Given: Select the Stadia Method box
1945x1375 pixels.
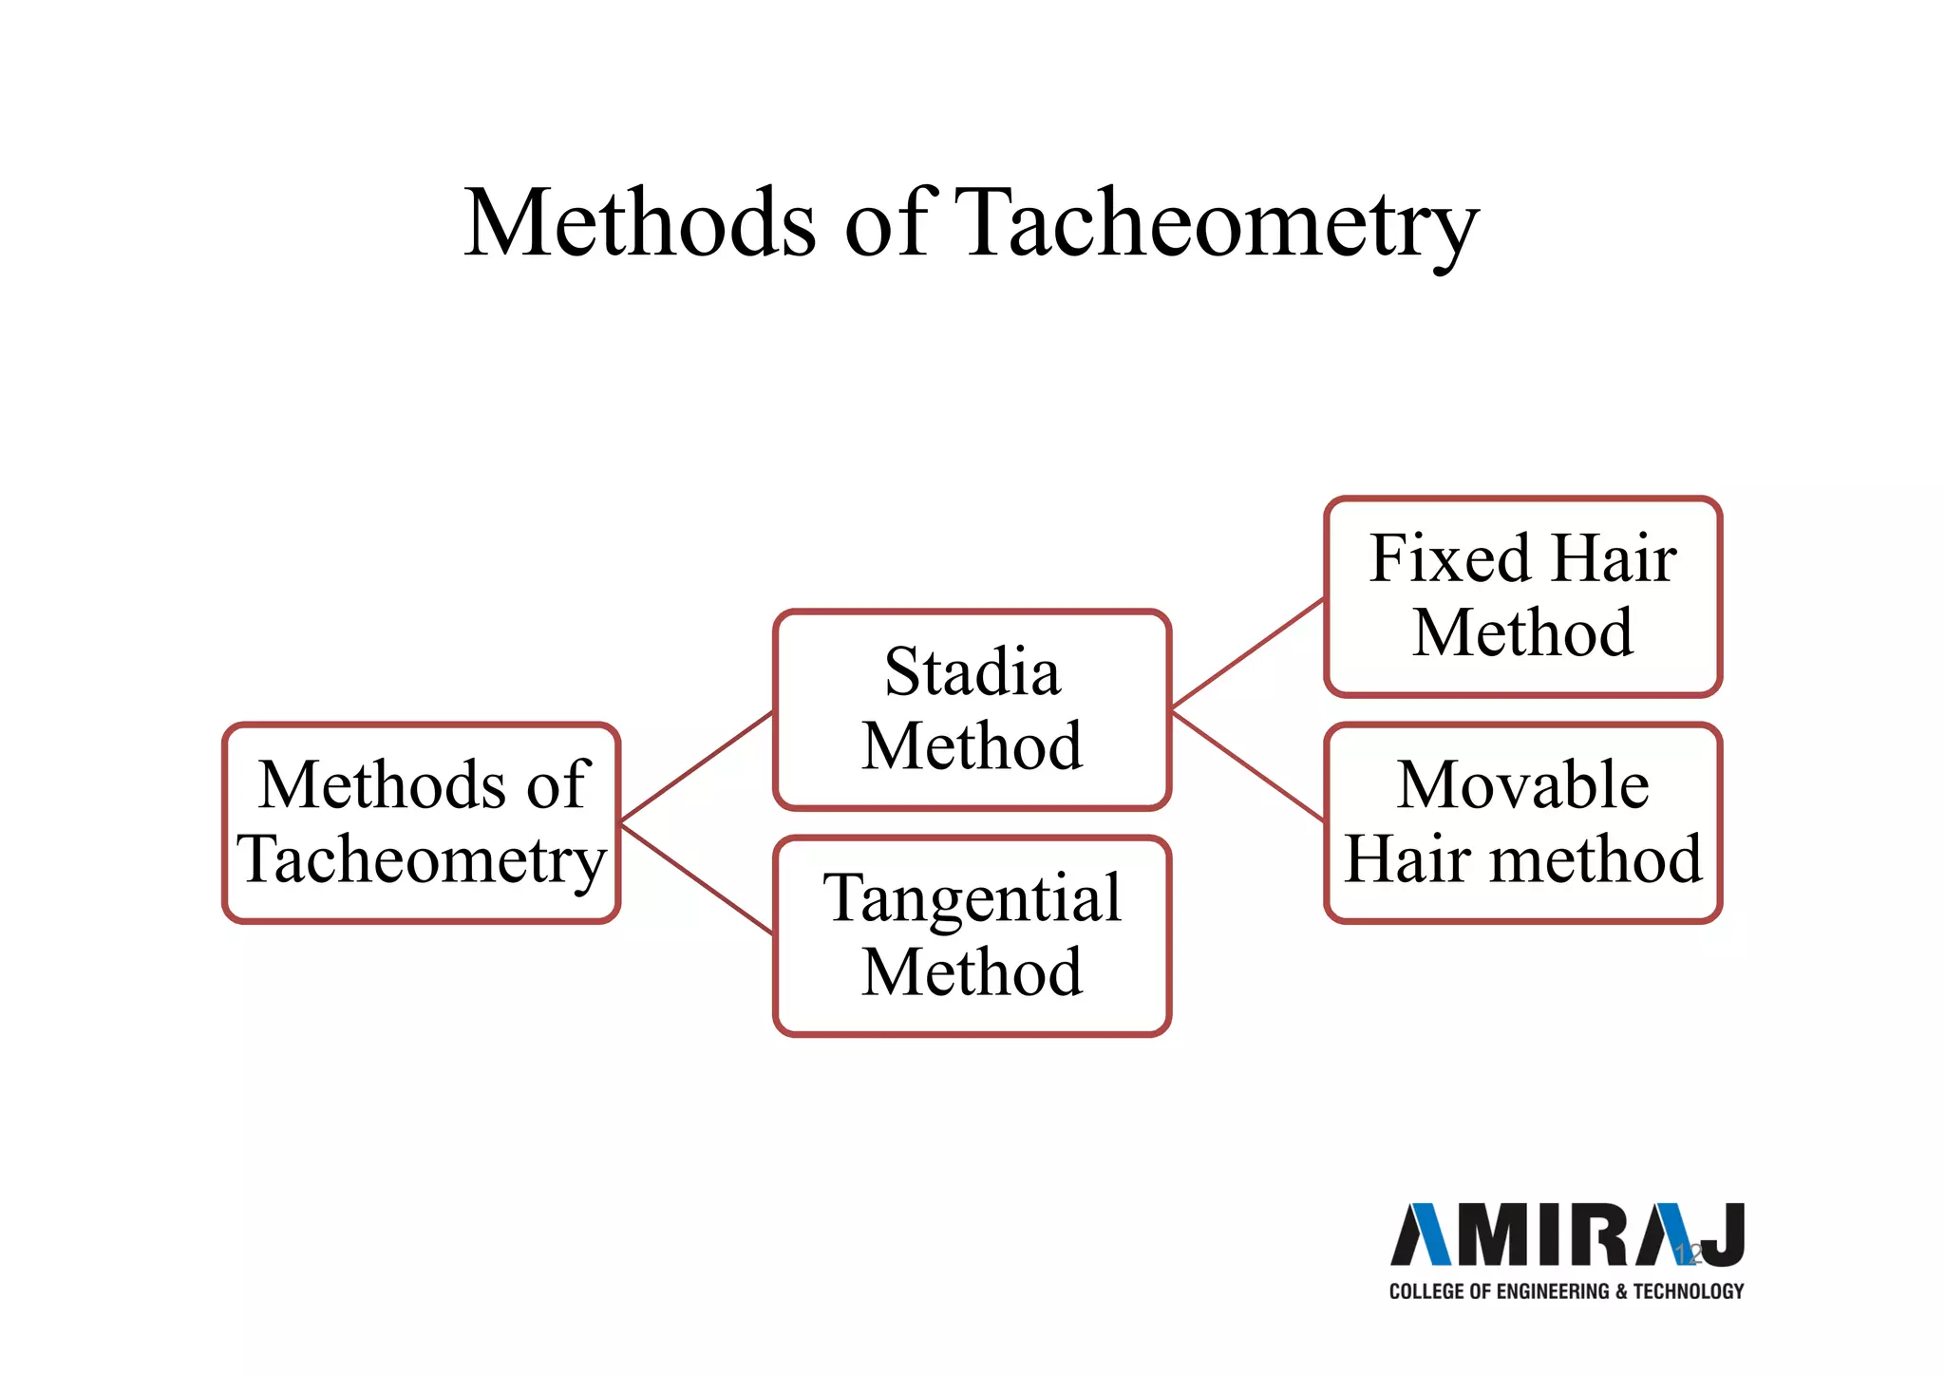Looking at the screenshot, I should coord(972,709).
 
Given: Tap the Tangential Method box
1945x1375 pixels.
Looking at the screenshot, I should coord(972,936).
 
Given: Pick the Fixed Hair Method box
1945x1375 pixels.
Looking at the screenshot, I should coord(1522,596).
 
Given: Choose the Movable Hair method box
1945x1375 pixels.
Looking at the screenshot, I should coord(1522,823).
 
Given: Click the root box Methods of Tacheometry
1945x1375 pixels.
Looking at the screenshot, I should coord(422,823).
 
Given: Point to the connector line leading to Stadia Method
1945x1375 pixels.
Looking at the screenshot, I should coord(696,766).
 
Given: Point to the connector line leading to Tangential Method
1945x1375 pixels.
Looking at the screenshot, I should coord(696,879).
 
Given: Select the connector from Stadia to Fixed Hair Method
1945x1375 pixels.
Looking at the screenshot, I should coord(1247,654).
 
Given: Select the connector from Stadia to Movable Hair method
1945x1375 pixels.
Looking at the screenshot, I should coord(1247,765).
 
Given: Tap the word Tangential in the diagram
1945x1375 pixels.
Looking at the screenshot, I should coord(972,899).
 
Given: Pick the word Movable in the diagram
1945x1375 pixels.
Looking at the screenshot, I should coord(1522,786).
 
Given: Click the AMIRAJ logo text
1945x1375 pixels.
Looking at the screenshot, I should coord(1567,1235).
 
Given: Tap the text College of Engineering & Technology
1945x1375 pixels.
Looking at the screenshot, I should coord(1567,1291).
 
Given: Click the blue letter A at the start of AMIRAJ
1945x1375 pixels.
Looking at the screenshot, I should coord(1422,1235).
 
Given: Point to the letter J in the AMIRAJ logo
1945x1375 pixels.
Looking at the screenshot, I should coord(1724,1235).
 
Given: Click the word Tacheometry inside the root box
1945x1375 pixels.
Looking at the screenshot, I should coord(422,860).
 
